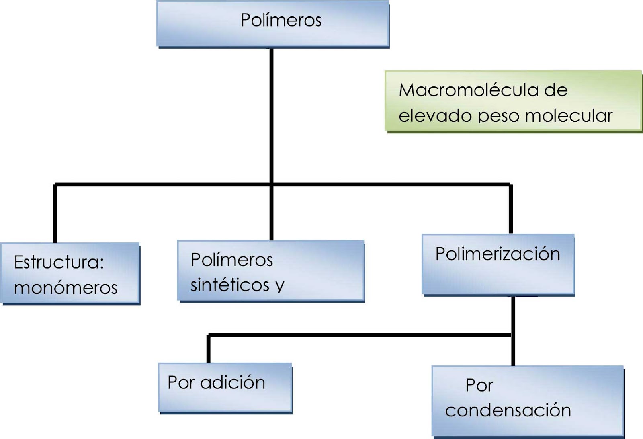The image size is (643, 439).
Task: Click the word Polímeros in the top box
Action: pyautogui.click(x=281, y=20)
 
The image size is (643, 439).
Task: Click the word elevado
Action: pyautogui.click(x=435, y=116)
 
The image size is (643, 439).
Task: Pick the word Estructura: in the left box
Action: pyautogui.click(x=59, y=262)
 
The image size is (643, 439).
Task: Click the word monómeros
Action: pyautogui.click(x=66, y=288)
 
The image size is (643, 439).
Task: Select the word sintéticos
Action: pyautogui.click(x=230, y=285)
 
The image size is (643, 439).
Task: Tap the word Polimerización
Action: pyautogui.click(x=498, y=254)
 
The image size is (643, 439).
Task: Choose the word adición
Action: pyautogui.click(x=233, y=382)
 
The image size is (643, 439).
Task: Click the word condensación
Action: pyautogui.click(x=508, y=410)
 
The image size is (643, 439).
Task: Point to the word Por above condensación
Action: pyautogui.click(x=479, y=385)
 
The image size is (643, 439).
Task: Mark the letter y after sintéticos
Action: pyautogui.click(x=280, y=286)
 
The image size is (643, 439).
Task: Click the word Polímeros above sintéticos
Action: pyautogui.click(x=232, y=260)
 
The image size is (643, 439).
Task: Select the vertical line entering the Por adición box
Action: pyautogui.click(x=208, y=349)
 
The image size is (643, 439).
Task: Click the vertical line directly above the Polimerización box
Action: pyautogui.click(x=511, y=209)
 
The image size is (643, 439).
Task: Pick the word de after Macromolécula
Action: pyautogui.click(x=556, y=90)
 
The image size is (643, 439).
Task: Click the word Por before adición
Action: pyautogui.click(x=181, y=382)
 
